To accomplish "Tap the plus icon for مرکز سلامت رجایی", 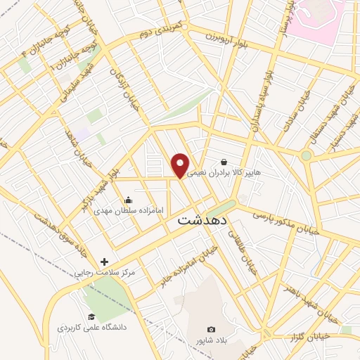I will point(105,262).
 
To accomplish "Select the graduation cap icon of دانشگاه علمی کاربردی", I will point(91,317).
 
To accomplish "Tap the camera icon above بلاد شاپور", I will point(211,330).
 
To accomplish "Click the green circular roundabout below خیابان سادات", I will point(306,155).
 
